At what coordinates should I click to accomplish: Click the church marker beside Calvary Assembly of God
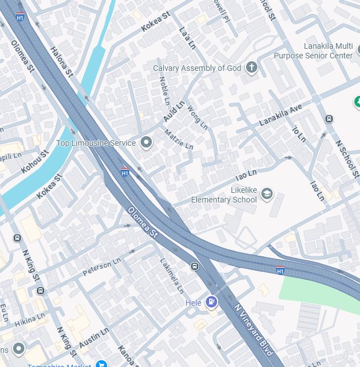[251, 68]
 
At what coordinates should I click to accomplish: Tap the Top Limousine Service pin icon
[146, 143]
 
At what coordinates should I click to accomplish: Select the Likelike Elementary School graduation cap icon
[266, 195]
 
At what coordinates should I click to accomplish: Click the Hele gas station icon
[211, 302]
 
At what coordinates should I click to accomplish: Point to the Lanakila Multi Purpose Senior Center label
[314, 51]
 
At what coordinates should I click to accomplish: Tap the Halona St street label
[62, 61]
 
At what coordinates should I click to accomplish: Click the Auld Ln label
[174, 111]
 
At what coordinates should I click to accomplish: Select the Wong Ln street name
[197, 117]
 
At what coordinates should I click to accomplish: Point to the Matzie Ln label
[179, 140]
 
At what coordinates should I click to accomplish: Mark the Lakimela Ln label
[172, 276]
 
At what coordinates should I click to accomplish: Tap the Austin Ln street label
[94, 338]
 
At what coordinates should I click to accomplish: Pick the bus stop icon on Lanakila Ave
[329, 119]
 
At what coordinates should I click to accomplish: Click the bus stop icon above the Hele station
[194, 266]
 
